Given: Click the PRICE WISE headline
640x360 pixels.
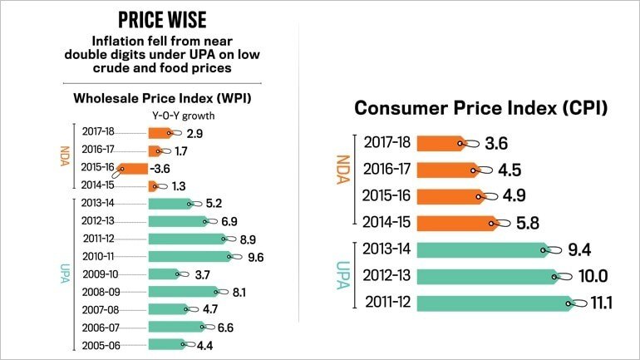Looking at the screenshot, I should pos(164,20).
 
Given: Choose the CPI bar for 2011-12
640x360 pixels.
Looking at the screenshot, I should pos(495,303).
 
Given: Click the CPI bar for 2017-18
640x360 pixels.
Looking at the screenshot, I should pos(443,143).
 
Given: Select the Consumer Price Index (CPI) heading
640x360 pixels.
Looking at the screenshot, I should pos(481,108).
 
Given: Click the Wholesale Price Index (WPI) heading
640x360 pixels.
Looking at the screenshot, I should pos(163,98).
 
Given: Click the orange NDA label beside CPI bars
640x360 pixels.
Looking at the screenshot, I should pos(341,183).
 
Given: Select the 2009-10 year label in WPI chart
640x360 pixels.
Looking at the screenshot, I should pos(101,274).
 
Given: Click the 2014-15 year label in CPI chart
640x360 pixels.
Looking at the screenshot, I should pos(384,223).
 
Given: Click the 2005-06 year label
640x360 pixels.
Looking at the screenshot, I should pos(101,344).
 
